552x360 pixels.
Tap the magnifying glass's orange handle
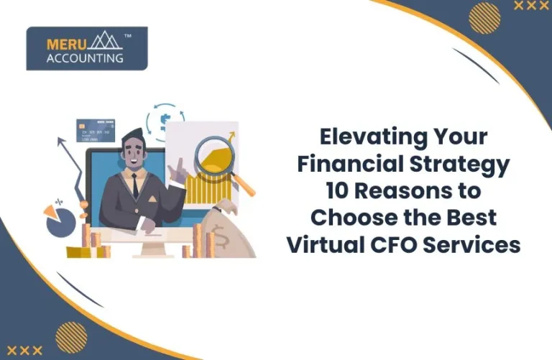244,185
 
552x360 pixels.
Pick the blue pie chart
60,223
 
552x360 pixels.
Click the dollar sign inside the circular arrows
165,119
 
